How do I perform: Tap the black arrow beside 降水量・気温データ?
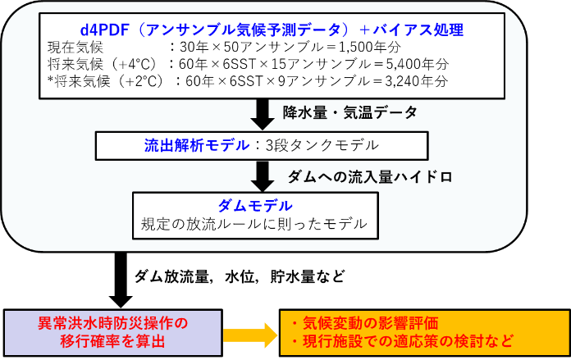pyautogui.click(x=262, y=114)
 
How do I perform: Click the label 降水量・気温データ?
pyautogui.click(x=349, y=112)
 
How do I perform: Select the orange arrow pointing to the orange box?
pyautogui.click(x=249, y=334)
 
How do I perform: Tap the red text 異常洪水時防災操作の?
pyautogui.click(x=113, y=323)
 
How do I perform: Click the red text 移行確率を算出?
pyautogui.click(x=113, y=341)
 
